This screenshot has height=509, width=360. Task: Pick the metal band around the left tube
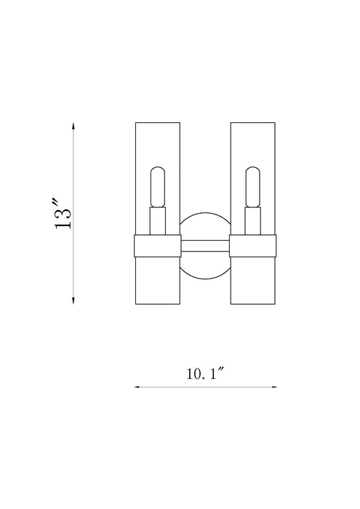[156, 247]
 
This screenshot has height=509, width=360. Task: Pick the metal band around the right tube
[253, 247]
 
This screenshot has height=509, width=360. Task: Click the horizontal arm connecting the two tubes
[204, 247]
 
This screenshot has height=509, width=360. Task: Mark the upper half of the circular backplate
[204, 225]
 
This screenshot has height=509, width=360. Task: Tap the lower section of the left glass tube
[156, 280]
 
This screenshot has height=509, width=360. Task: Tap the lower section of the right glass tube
[253, 280]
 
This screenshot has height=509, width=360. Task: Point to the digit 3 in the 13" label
[65, 204]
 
